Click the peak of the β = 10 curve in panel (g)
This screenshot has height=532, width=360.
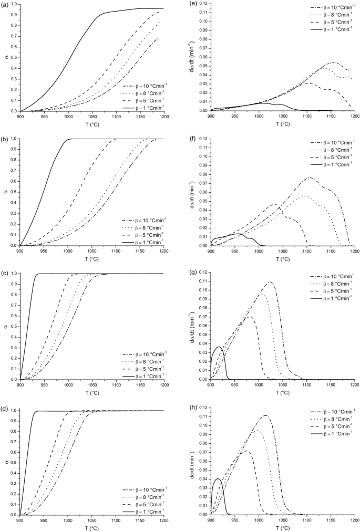point(271,282)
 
